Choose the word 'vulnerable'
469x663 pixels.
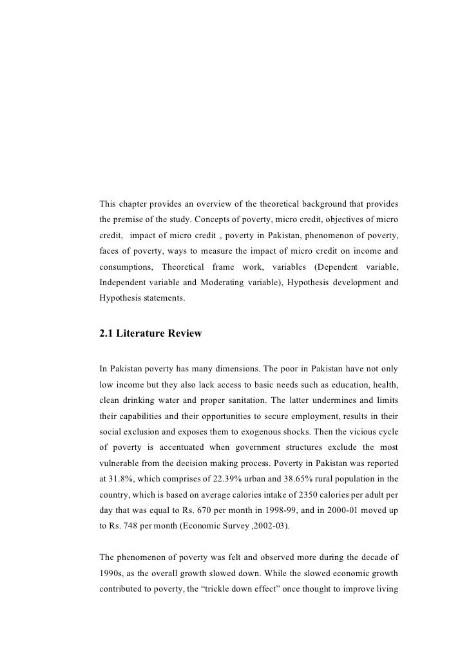coord(121,473)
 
